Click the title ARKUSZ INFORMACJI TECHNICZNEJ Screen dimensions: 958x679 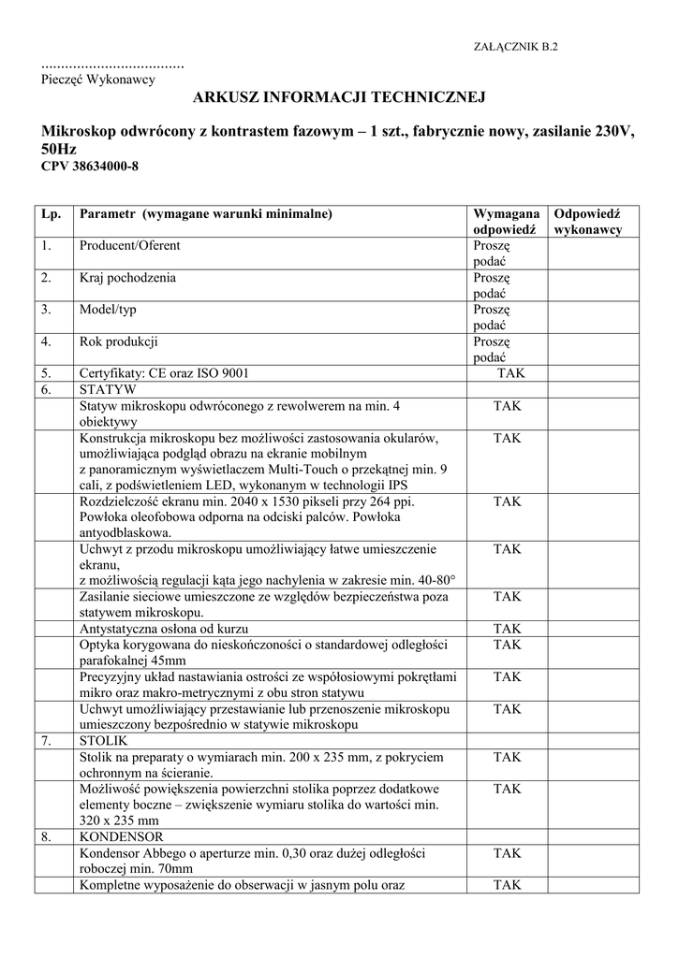340,97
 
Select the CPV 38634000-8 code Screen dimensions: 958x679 90,167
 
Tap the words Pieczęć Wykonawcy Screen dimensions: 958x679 98,80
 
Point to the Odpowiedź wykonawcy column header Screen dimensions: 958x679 588,222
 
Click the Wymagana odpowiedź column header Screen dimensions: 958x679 506,222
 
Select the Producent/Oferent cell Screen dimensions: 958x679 130,246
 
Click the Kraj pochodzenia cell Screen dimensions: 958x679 127,278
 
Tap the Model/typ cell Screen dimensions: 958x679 108,310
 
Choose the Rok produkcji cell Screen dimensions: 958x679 118,341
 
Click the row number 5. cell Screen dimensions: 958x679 47,373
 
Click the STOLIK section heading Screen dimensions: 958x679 109,740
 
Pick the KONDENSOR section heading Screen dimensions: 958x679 122,835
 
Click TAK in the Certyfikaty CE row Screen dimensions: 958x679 511,373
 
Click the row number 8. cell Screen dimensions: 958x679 47,835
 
